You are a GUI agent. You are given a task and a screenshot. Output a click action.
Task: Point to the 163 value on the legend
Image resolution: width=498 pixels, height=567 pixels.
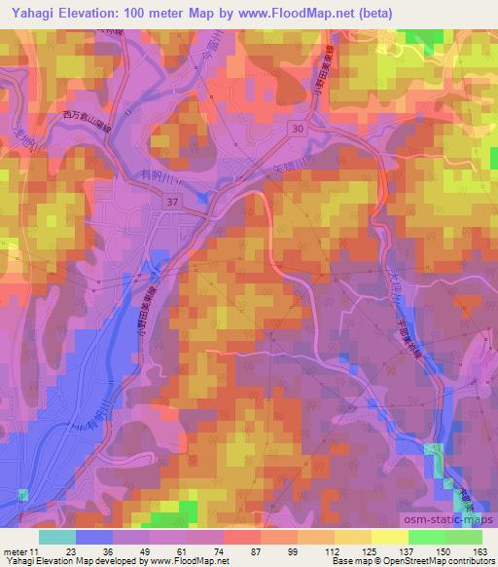(480, 550)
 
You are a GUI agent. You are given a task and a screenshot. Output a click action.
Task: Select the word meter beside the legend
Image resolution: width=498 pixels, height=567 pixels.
(15, 550)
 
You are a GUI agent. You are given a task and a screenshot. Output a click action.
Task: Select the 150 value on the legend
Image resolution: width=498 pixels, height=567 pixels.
(443, 550)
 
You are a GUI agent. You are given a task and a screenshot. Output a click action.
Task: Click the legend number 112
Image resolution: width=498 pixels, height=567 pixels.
(332, 550)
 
